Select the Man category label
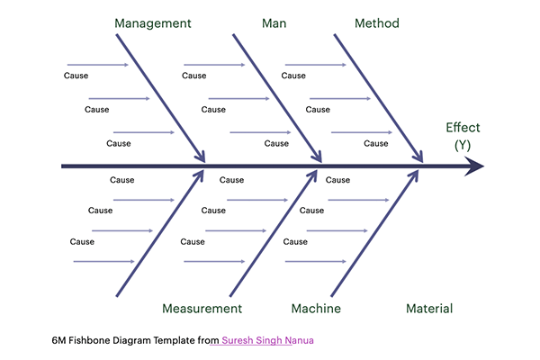(x=274, y=23)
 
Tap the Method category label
(x=377, y=23)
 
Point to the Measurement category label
(x=202, y=309)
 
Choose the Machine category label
(x=316, y=309)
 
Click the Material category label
(x=429, y=309)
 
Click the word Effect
(x=463, y=128)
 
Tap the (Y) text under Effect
(x=463, y=145)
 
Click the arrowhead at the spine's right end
(x=474, y=166)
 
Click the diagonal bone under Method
(x=378, y=99)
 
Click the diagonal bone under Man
(x=277, y=99)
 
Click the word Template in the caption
(x=176, y=340)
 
